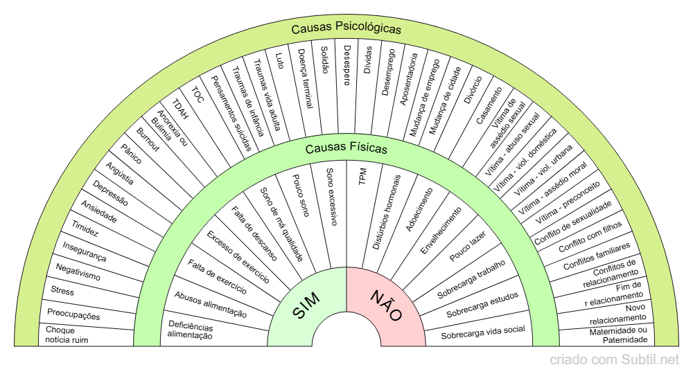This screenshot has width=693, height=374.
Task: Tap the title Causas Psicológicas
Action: click(346, 29)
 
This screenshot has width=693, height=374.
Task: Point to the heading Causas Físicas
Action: click(346, 148)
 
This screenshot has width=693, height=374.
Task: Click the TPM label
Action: click(362, 177)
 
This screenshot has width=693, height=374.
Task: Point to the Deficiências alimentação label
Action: click(191, 330)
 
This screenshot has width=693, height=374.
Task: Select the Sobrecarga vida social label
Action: click(483, 330)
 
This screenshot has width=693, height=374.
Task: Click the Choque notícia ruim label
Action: click(67, 335)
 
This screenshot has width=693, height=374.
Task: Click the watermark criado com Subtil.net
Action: click(614, 359)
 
